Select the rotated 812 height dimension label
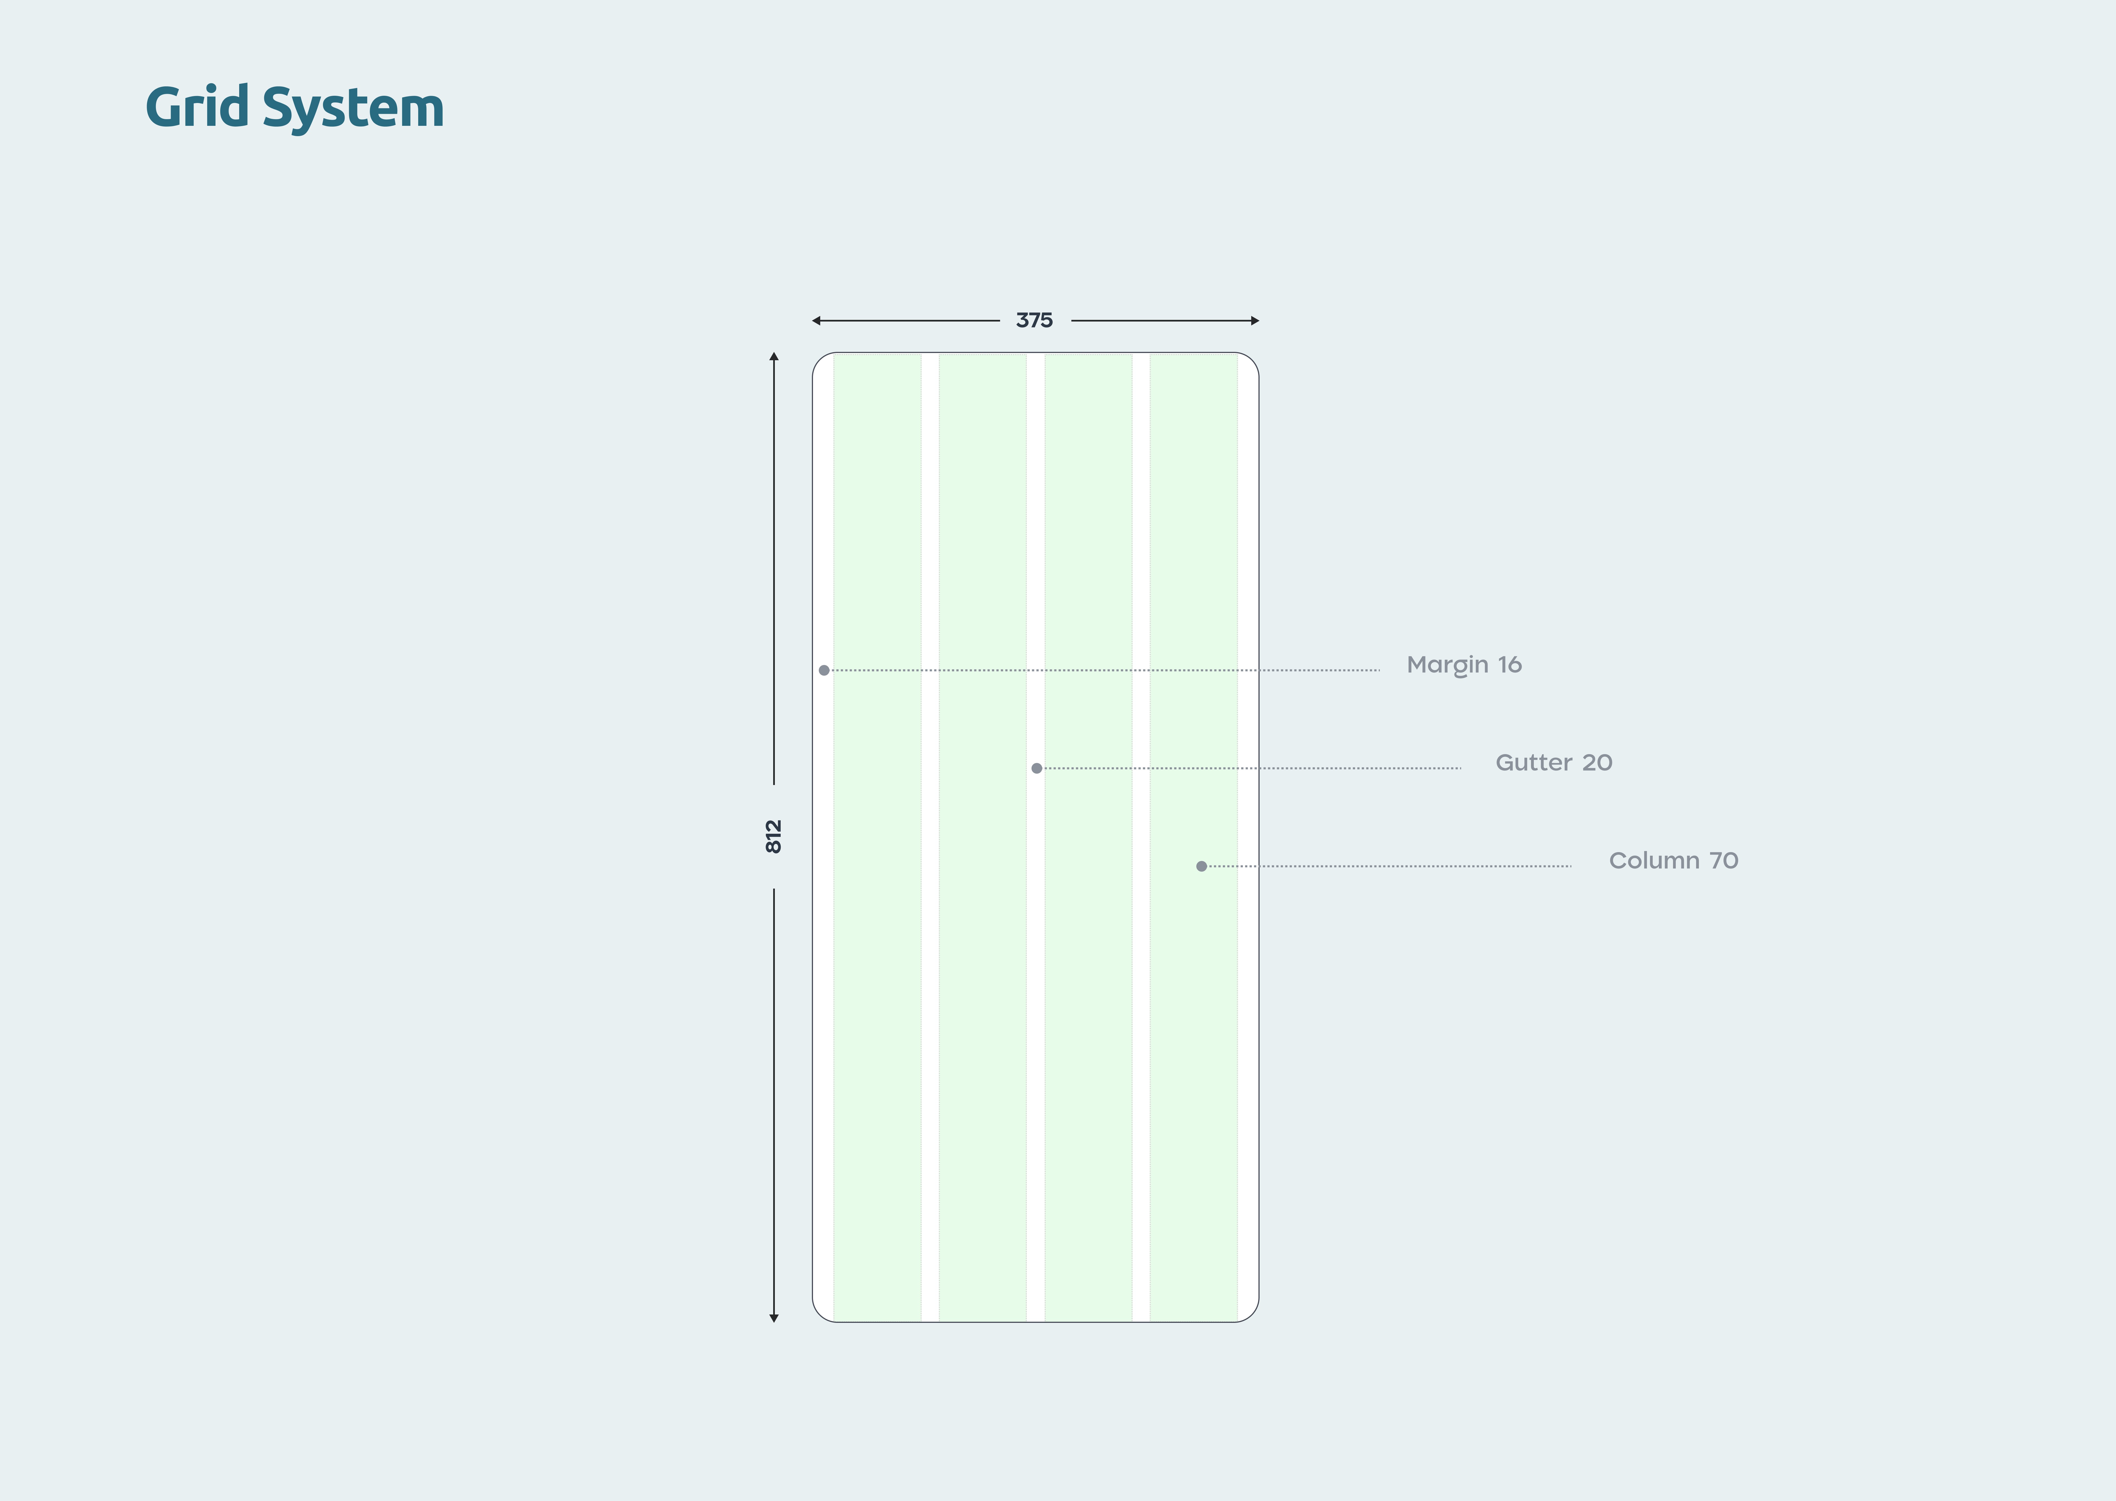774,837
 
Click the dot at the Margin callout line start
824,670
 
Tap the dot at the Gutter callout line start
1036,768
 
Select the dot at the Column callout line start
1201,866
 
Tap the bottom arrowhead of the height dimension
774,1318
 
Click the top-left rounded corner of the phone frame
819,360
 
